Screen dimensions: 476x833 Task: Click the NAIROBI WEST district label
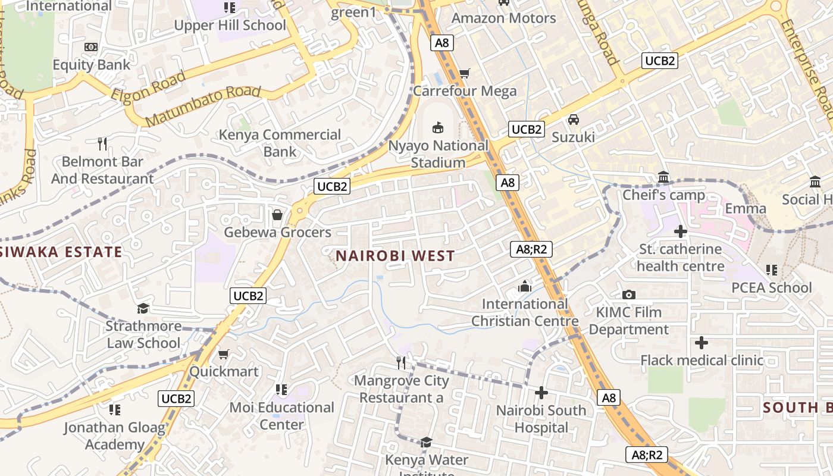click(x=395, y=256)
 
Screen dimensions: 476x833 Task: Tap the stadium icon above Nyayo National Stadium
click(x=438, y=127)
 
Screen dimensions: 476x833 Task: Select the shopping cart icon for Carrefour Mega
click(x=465, y=73)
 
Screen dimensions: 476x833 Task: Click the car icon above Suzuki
click(x=573, y=120)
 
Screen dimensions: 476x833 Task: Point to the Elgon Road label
click(x=148, y=87)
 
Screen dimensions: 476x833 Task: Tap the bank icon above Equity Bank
click(x=91, y=47)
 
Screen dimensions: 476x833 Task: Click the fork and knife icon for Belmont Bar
click(x=102, y=143)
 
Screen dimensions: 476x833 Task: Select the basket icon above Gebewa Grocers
click(x=277, y=214)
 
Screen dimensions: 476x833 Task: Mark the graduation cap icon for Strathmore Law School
click(x=143, y=308)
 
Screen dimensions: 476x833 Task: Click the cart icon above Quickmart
click(x=224, y=354)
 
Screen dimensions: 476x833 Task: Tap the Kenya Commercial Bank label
click(x=280, y=143)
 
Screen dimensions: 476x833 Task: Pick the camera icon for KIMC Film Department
click(x=629, y=295)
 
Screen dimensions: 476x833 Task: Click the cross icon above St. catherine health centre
click(x=681, y=231)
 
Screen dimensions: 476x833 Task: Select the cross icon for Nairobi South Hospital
click(x=541, y=393)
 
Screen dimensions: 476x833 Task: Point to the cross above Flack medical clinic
click(x=702, y=343)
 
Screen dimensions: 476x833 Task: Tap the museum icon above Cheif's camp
click(x=663, y=177)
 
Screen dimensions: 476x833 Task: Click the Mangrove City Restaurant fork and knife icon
click(x=402, y=362)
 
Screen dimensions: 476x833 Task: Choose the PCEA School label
click(x=771, y=287)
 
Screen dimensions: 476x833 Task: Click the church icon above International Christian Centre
click(x=524, y=286)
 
